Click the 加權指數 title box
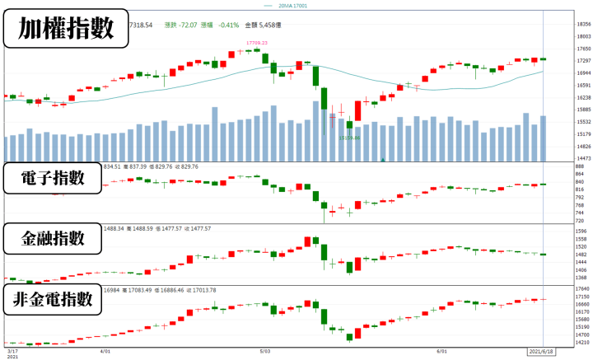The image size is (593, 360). click(x=66, y=30)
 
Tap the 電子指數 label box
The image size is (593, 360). click(x=54, y=179)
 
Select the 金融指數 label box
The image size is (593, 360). click(x=54, y=239)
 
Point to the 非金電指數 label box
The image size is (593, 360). click(x=54, y=300)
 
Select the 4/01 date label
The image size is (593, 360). click(x=105, y=349)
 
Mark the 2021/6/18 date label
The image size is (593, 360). click(x=541, y=349)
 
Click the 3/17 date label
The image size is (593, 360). click(x=11, y=349)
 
